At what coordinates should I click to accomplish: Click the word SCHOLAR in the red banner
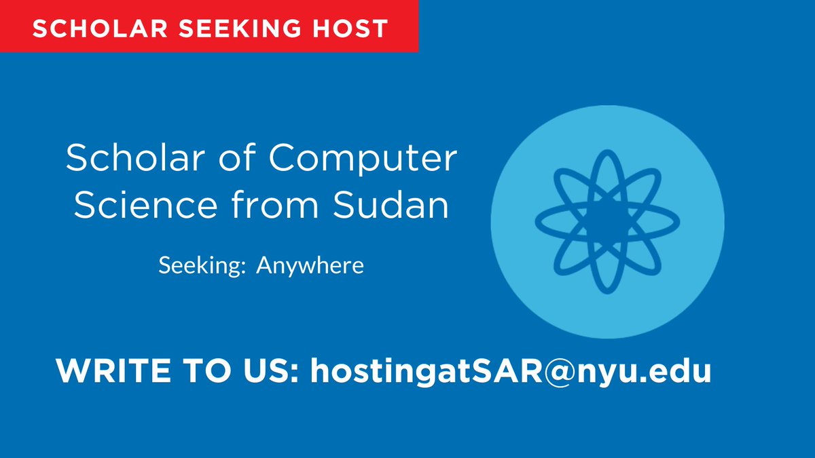[88, 28]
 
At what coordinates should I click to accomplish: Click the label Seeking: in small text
[201, 265]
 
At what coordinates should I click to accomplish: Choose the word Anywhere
[310, 265]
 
